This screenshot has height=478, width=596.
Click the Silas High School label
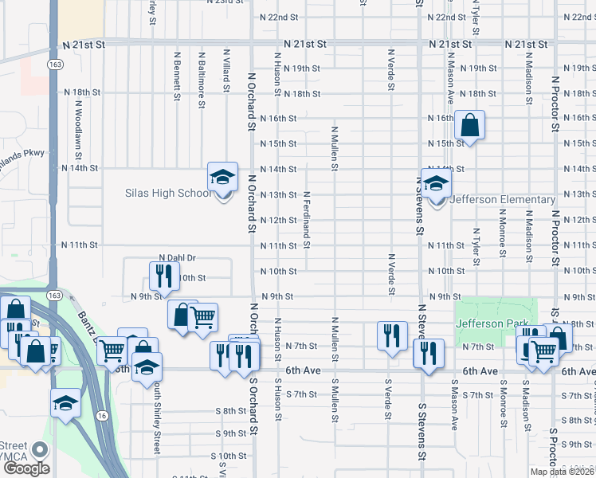pos(168,194)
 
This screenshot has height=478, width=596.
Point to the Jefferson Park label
pos(492,323)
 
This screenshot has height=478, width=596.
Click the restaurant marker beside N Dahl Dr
pos(161,276)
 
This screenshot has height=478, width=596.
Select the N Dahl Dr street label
pos(177,258)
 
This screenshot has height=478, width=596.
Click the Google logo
pos(26,468)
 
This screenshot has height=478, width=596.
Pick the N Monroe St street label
pos(503,233)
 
